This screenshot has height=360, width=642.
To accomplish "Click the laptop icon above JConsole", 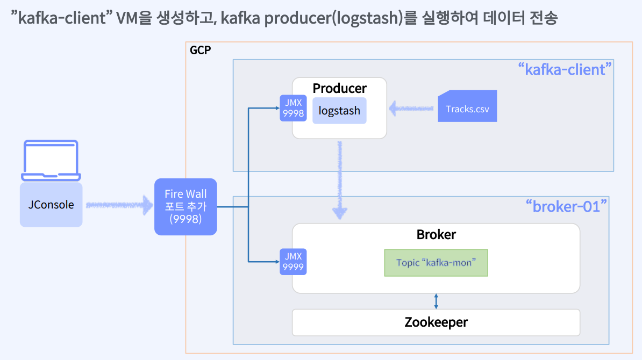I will (x=51, y=160).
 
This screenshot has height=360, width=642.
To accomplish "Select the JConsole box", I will (x=51, y=205).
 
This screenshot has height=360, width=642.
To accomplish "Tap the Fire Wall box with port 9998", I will (x=186, y=206).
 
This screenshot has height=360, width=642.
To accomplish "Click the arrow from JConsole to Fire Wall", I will (x=119, y=205).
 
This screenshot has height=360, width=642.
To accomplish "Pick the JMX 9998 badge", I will (x=293, y=108).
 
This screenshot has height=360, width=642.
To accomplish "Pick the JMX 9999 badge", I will (x=293, y=262).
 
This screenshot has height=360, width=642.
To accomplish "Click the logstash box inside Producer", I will (x=339, y=111).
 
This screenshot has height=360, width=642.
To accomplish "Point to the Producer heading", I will (x=339, y=88).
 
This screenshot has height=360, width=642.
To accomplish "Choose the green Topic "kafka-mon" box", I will (x=436, y=263).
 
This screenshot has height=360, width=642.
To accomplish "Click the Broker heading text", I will (x=436, y=235).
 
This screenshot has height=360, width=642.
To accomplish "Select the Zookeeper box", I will (x=436, y=322).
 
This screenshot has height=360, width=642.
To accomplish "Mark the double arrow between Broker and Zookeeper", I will (x=436, y=301).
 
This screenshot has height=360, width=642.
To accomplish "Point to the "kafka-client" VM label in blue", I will (x=565, y=69).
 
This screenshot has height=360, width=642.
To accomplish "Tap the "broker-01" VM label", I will (x=566, y=206).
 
